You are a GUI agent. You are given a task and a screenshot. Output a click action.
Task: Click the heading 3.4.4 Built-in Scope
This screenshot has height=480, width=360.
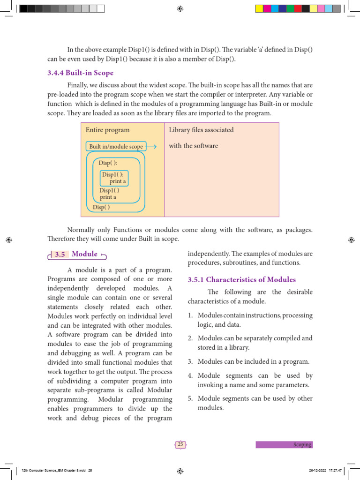[80, 73]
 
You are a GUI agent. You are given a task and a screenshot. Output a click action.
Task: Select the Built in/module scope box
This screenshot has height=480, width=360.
[116, 146]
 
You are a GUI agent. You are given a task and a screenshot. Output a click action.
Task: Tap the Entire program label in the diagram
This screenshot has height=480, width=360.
[107, 130]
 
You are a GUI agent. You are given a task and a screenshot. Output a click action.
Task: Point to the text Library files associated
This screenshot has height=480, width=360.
[201, 130]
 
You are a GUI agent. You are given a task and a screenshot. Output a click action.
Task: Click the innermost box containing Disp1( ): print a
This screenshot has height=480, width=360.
[114, 178]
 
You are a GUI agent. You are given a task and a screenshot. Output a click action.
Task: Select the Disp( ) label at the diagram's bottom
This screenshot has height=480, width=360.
[101, 207]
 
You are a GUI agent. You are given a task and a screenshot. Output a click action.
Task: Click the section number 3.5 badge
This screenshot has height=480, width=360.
[60, 255]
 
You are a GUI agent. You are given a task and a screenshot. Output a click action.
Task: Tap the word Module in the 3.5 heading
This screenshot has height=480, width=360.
[85, 254]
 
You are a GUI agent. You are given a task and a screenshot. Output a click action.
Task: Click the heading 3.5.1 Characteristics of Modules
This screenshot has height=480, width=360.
[241, 280]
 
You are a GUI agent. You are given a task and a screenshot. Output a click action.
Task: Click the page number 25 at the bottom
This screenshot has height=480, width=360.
[180, 444]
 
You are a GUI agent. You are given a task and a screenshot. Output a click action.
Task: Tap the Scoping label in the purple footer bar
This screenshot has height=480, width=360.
[302, 444]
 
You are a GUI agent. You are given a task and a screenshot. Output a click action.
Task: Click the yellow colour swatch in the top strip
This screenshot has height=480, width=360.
[259, 8]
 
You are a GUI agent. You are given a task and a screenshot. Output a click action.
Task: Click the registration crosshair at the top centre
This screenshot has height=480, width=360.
[180, 8]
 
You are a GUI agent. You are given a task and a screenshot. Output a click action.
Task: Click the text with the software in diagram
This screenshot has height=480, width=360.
[193, 146]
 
